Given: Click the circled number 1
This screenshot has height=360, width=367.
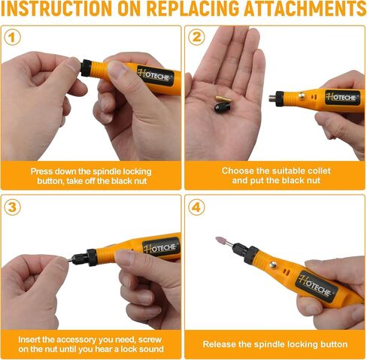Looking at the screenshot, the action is [x=12, y=38].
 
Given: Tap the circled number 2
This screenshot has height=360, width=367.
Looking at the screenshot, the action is [x=196, y=37].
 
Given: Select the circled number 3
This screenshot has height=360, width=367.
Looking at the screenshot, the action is [x=12, y=207].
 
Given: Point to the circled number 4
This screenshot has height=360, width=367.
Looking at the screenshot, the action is [x=196, y=207].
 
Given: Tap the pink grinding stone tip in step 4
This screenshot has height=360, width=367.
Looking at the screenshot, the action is [x=222, y=241].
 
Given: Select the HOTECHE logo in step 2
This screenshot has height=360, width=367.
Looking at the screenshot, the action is [x=342, y=97].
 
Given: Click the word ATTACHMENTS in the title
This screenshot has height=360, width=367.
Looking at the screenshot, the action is [x=305, y=9].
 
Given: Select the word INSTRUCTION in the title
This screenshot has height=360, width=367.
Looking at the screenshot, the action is [x=56, y=9].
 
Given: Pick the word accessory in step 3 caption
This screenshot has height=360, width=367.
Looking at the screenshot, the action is [x=76, y=340].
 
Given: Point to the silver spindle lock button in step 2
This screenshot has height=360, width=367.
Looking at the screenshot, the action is [x=302, y=95].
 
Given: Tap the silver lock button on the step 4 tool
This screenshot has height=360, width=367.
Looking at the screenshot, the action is [x=273, y=265].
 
